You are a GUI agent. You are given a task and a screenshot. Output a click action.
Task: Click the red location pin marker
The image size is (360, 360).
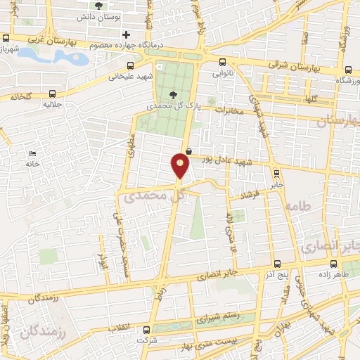point(180,166)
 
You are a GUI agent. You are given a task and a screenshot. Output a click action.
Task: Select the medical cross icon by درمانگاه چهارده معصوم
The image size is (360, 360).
point(126,34)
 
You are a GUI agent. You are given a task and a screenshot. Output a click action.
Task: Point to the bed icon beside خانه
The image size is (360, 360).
point(32,154)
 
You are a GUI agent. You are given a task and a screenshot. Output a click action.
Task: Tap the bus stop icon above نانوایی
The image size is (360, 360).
point(223,61)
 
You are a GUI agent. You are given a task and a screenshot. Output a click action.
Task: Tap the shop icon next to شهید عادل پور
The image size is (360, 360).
point(188,151)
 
